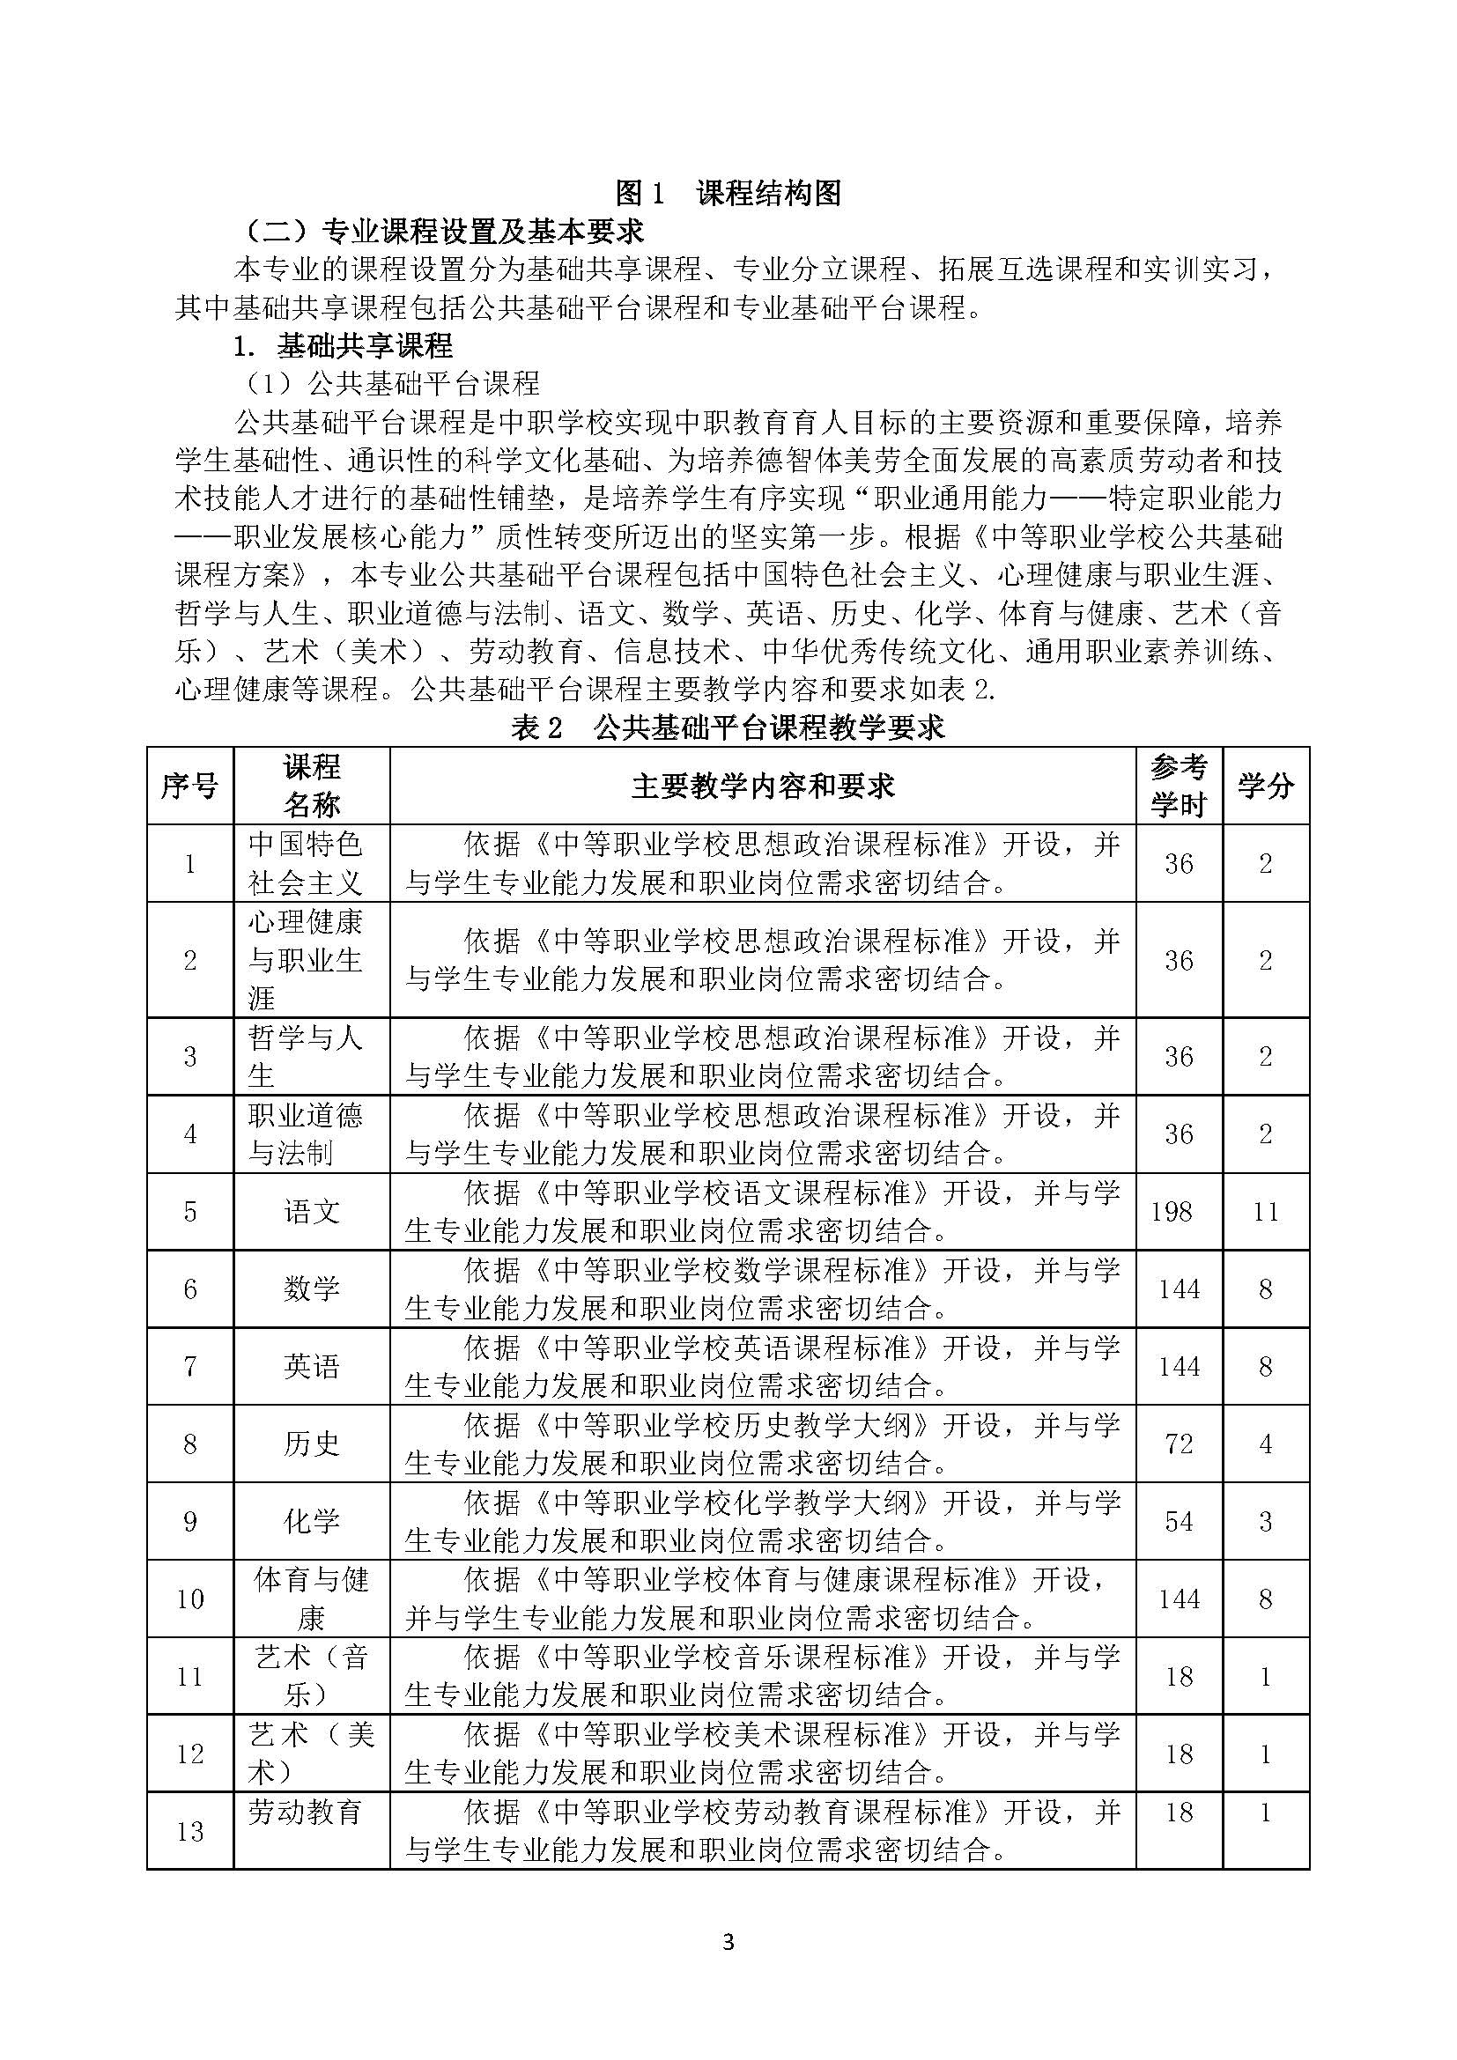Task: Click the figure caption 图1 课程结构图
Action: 728,192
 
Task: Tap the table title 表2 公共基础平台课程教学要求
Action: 728,727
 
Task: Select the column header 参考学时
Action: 1178,785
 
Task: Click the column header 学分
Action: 1265,786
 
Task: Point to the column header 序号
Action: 189,786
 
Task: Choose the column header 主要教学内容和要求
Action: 763,786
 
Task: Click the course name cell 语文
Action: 311,1211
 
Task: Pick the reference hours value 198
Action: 1172,1212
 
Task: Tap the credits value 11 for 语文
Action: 1265,1212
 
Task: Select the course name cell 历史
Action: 311,1443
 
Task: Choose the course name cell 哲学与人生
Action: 305,1056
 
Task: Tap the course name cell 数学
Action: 311,1289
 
